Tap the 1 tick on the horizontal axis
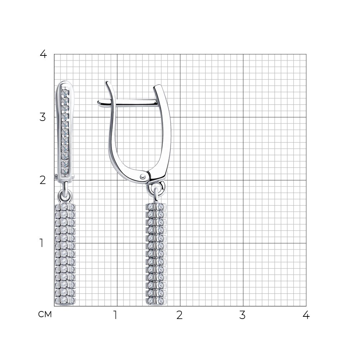point(116,315)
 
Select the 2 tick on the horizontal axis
point(179,315)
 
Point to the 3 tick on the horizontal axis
point(242,315)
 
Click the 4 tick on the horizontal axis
point(306,315)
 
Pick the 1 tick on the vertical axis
point(41,243)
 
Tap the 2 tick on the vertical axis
point(43,180)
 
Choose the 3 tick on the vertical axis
point(43,117)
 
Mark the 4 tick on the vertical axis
point(43,54)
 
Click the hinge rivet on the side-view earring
point(143,176)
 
